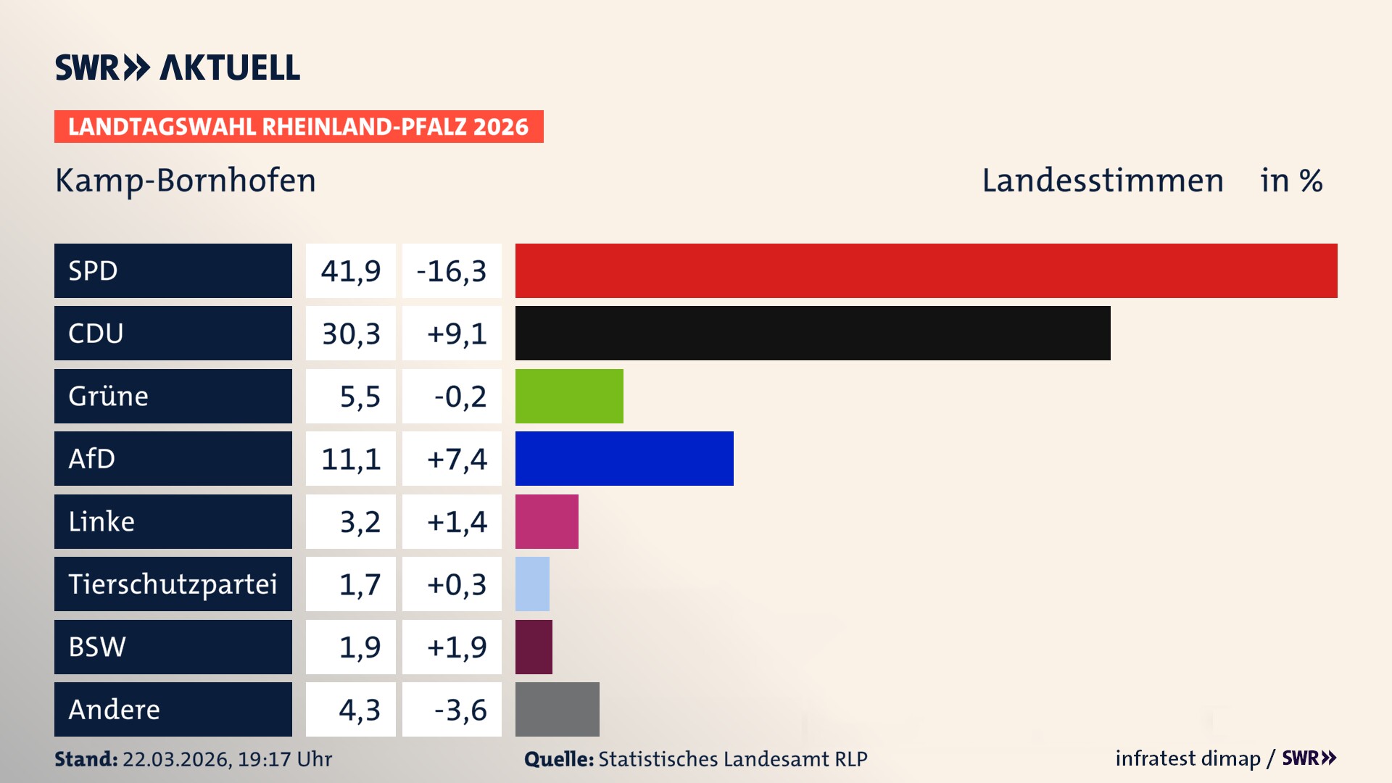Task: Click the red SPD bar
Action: tap(926, 270)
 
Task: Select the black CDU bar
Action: tap(812, 333)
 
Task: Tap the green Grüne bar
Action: tap(569, 396)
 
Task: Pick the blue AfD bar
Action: tap(624, 458)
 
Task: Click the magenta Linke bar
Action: tap(547, 521)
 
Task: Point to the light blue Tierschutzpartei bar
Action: tap(532, 584)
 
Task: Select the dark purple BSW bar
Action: tap(534, 647)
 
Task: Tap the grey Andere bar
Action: tap(557, 709)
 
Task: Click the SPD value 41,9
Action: tap(351, 271)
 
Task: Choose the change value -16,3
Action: tap(452, 271)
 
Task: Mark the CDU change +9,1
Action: tap(457, 333)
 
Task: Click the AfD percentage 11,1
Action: tap(351, 459)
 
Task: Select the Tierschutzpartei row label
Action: tap(173, 584)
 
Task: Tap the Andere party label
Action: tap(115, 709)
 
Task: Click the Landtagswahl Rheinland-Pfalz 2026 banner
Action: tap(299, 127)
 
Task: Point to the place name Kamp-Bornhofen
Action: tap(186, 181)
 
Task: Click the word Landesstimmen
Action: tap(1102, 181)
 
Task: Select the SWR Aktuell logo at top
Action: tap(178, 67)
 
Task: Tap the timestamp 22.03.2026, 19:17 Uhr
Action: tap(227, 759)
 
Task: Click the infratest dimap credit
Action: tap(1187, 758)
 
